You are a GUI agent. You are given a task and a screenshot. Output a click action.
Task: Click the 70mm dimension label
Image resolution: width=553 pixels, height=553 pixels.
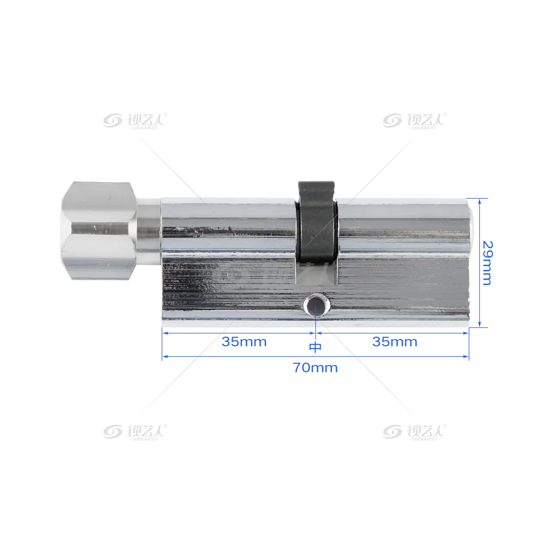pos(315,368)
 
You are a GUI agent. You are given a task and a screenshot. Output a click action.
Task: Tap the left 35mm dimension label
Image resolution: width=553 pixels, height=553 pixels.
pos(244,342)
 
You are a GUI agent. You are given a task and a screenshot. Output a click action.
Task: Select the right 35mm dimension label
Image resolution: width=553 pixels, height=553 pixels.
pos(394,342)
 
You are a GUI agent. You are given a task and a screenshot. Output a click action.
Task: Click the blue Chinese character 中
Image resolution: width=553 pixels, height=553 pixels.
pos(315,347)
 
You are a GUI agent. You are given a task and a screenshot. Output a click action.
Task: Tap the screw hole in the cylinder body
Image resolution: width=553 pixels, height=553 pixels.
pos(316,305)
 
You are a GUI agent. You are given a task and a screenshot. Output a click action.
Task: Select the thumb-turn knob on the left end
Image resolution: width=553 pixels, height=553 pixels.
pos(99,230)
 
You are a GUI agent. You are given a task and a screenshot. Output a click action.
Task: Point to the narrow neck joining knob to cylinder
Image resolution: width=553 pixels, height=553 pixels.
pos(149,231)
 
